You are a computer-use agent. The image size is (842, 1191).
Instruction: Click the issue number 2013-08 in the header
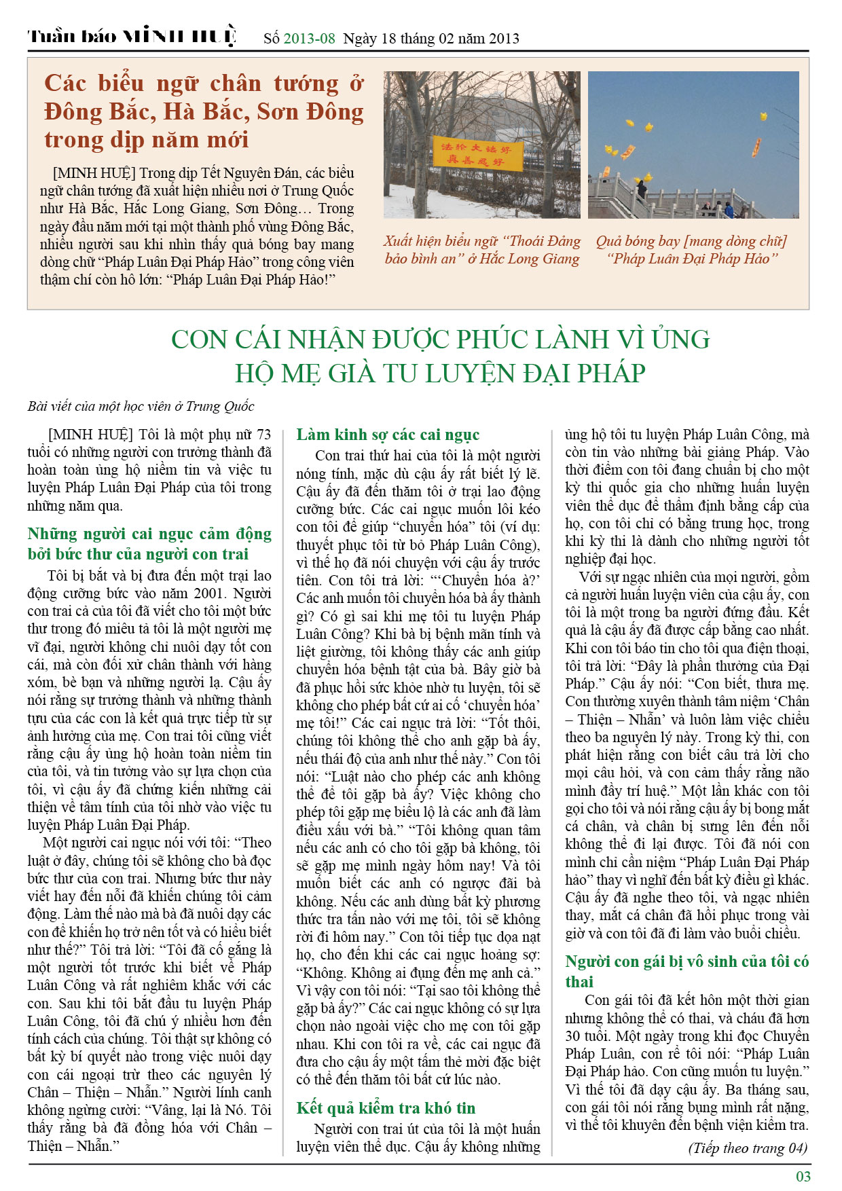coord(309,38)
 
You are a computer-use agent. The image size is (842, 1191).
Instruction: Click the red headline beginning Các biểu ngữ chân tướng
coord(204,111)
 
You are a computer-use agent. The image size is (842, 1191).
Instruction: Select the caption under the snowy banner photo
coord(482,250)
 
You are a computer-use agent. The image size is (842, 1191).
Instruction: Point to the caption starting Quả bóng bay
coord(691,250)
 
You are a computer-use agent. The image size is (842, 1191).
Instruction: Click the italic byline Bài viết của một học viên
coord(141,407)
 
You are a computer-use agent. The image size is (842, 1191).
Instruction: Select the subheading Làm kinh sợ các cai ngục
coord(388,435)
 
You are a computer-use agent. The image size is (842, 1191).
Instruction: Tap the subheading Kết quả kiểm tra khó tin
coord(386,1108)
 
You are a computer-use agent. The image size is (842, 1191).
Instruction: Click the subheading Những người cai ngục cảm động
coord(149,544)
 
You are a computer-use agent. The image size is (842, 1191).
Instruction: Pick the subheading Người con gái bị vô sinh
coord(687,971)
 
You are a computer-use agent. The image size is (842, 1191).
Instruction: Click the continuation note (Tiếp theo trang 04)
coord(748,1148)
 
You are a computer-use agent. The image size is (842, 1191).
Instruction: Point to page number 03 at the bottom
coord(803,1176)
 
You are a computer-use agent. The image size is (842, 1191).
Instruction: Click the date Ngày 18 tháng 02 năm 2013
coord(431,38)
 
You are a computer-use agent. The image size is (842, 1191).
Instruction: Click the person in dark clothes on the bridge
coord(641,189)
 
